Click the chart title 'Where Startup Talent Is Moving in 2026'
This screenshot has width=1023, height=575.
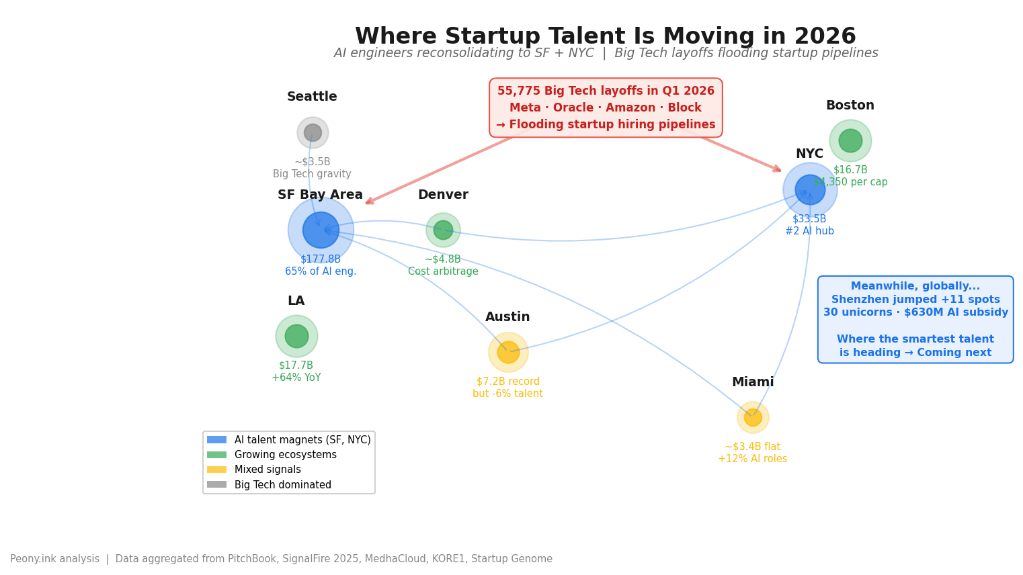tap(605, 36)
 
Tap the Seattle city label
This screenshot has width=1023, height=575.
tap(312, 97)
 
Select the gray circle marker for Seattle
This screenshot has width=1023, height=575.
tap(313, 133)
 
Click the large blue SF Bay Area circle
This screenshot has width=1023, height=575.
tap(321, 230)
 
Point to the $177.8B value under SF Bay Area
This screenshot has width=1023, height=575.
tap(321, 259)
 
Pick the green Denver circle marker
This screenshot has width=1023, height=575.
tap(443, 230)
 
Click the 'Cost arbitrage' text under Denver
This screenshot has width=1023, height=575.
tap(443, 271)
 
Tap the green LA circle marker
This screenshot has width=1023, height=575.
tap(296, 336)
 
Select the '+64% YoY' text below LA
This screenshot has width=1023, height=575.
tap(296, 378)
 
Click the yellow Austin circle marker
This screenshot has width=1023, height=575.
tap(508, 352)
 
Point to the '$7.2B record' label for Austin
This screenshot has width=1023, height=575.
tap(508, 382)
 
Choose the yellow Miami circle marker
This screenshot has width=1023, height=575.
tap(753, 417)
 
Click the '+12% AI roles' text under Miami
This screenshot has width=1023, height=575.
tap(752, 459)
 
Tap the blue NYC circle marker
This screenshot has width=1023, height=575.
tap(810, 189)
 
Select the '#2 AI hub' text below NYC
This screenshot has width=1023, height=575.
tap(809, 231)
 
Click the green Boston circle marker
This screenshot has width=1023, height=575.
tap(850, 140)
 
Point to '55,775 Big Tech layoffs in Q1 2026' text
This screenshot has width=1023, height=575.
tap(606, 91)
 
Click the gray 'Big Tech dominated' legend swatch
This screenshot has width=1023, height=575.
tap(216, 484)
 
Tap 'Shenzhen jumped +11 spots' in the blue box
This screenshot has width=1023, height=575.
tap(915, 300)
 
